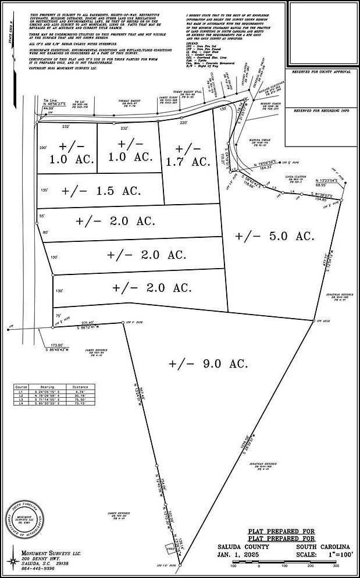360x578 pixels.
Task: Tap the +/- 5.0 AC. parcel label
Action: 275,236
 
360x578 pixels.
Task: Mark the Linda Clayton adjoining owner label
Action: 295,176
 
